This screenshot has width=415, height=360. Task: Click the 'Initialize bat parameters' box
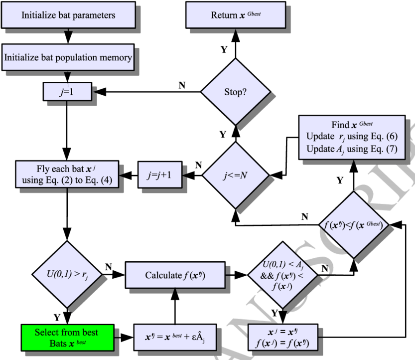[68, 15]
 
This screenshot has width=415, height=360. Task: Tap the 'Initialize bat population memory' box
[68, 57]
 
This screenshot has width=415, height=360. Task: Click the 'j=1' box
[68, 91]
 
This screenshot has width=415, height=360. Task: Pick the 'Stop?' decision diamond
[235, 93]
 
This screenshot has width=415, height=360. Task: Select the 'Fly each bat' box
[67, 174]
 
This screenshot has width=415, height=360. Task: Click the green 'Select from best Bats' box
[67, 338]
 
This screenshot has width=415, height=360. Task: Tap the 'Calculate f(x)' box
[174, 275]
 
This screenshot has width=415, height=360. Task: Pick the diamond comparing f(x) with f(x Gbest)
[353, 225]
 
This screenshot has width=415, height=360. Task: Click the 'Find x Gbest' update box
[352, 137]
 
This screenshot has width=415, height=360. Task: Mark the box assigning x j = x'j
[282, 338]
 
